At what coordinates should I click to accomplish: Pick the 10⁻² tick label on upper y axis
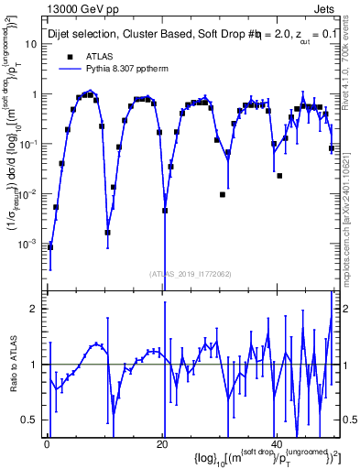29,194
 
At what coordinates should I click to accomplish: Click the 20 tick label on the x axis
162,444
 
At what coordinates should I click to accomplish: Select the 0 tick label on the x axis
47,444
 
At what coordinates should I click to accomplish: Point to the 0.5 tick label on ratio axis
32,420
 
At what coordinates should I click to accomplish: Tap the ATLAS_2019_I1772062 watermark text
190,273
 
